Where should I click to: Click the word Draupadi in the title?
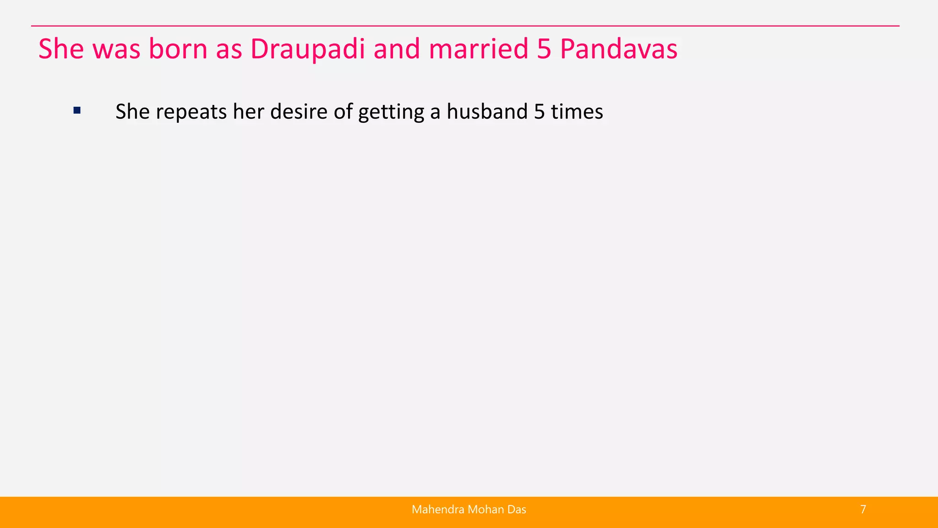pos(307,49)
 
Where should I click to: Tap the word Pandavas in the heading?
pos(618,49)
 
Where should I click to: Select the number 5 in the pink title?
pos(544,49)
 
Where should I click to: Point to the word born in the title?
pos(178,49)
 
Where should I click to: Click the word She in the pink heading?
pos(61,49)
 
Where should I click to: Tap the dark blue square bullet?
pos(77,110)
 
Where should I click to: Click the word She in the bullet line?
pos(132,112)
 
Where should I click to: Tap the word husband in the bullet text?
pos(487,112)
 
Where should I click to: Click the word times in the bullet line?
pos(577,112)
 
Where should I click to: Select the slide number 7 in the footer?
pos(863,509)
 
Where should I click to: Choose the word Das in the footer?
pos(516,509)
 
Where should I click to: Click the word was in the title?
pos(116,49)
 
